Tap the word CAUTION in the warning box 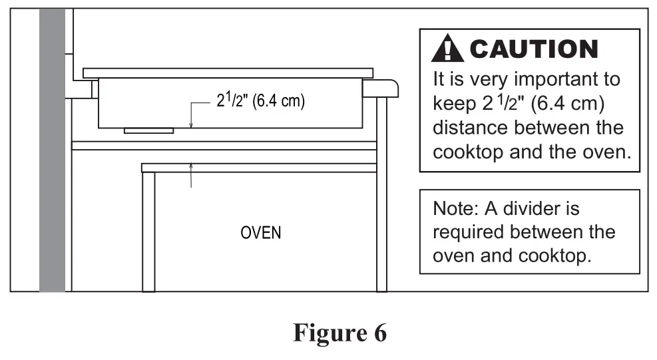coord(534,49)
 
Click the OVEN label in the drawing coord(261,233)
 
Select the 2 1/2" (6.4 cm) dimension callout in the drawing coord(260,104)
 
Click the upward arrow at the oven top coord(191,168)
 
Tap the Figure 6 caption coord(339,333)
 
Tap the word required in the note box coord(472,232)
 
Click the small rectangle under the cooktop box coord(148,130)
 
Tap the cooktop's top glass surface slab coord(228,73)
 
